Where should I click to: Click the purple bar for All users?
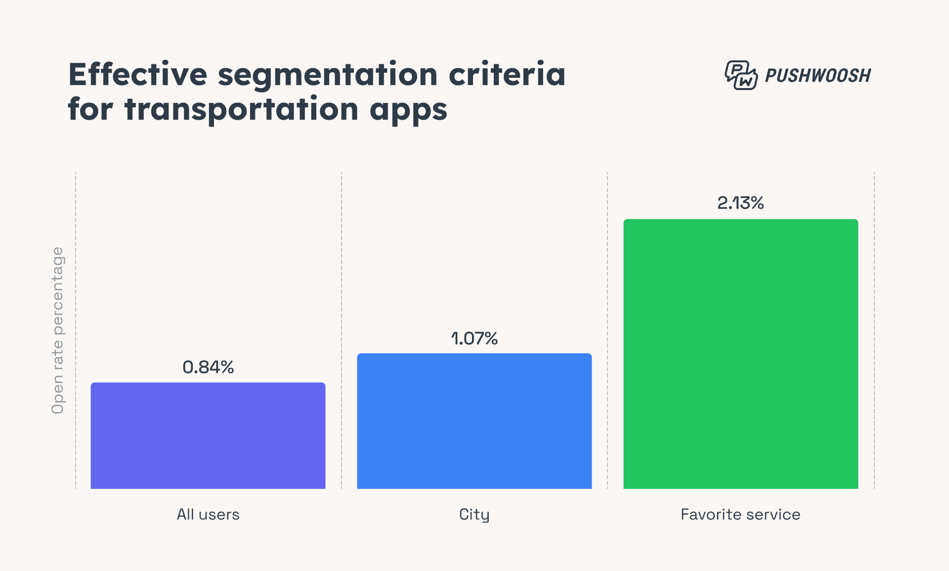[x=208, y=435]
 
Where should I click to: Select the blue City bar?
[x=474, y=421]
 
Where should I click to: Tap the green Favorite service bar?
[x=740, y=354]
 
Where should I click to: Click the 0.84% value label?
[x=208, y=367]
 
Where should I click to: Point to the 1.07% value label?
[x=474, y=338]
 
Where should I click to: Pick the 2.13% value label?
[x=740, y=203]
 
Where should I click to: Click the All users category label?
[x=208, y=515]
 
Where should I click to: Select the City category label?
[x=474, y=515]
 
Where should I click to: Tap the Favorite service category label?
[x=740, y=515]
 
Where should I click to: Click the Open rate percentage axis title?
[x=58, y=330]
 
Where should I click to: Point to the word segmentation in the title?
[x=328, y=75]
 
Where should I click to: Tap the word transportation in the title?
[x=242, y=110]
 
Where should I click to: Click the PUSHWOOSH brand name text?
[x=818, y=76]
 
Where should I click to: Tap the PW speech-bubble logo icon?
[x=740, y=75]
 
